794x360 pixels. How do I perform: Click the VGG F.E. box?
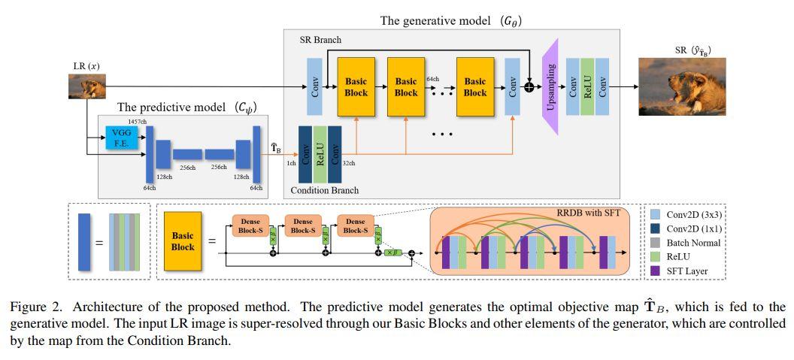click(122, 138)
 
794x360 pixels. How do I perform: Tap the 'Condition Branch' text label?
click(325, 191)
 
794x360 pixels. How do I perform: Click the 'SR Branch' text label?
click(320, 39)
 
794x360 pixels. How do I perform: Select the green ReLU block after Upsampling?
click(587, 87)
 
